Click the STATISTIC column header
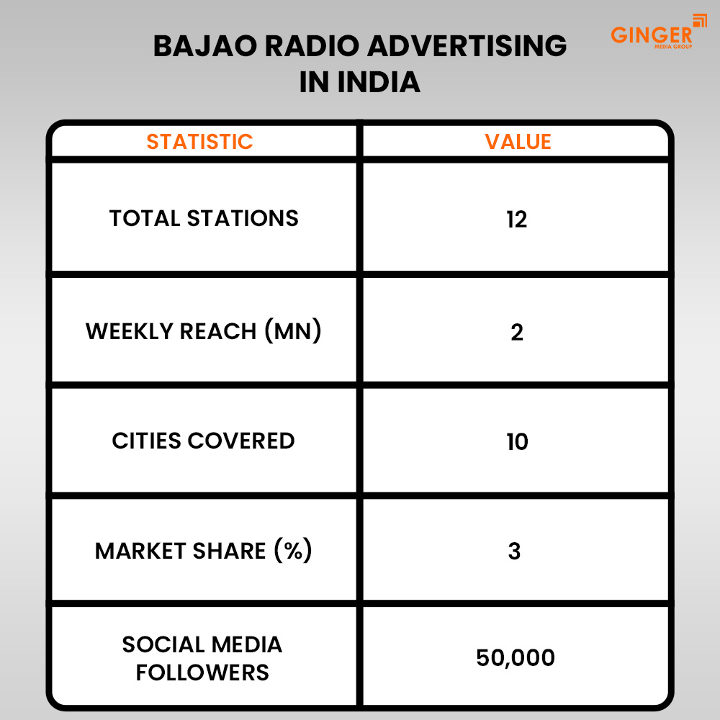pyautogui.click(x=200, y=142)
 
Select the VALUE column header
pyautogui.click(x=518, y=142)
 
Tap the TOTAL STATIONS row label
pyautogui.click(x=204, y=218)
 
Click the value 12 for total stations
pyautogui.click(x=517, y=219)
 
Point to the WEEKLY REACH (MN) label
pyautogui.click(x=203, y=331)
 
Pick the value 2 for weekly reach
pyautogui.click(x=517, y=332)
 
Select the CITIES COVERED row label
pyautogui.click(x=203, y=441)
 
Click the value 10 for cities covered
pyautogui.click(x=517, y=441)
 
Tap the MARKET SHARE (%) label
pyautogui.click(x=203, y=551)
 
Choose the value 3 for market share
pyautogui.click(x=515, y=552)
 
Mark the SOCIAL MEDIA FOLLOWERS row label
pyautogui.click(x=202, y=658)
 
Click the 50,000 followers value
pyautogui.click(x=516, y=658)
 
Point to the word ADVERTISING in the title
pyautogui.click(x=467, y=47)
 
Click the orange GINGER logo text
pyautogui.click(x=651, y=35)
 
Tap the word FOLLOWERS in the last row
pyautogui.click(x=202, y=672)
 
